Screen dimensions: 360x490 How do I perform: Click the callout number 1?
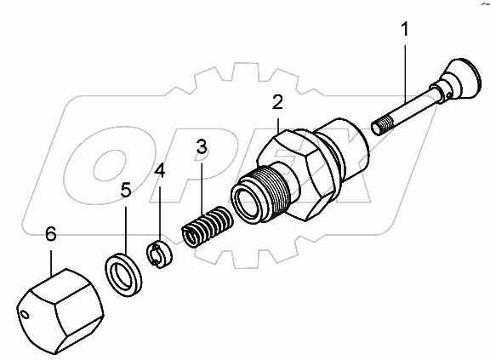coord(405,31)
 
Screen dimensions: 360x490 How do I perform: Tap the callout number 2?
coord(277,104)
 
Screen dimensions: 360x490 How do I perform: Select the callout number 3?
coord(200,146)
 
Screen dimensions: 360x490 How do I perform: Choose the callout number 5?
coord(125,191)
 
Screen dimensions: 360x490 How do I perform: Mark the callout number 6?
coord(49,232)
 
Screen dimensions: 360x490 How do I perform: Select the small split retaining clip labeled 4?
coord(158,253)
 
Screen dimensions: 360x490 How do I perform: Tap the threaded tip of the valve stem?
coord(383,129)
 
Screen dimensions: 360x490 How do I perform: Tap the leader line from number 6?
coord(51,255)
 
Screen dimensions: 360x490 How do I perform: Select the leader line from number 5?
coord(126,226)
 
